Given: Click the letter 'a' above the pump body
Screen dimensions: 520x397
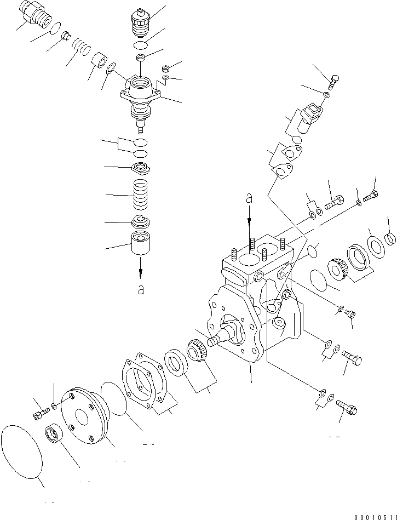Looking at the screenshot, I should [x=249, y=199].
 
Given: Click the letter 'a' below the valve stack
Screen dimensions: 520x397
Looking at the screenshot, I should [x=141, y=289].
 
